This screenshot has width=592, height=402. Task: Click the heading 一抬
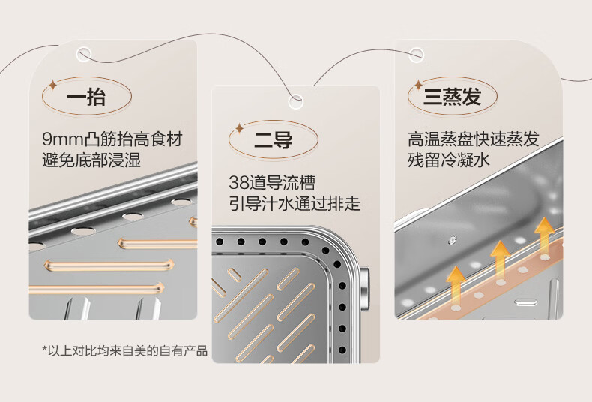point(86,97)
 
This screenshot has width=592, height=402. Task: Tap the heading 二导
point(274,139)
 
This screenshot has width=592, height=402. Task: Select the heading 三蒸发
point(453,97)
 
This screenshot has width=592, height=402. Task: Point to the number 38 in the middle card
point(239,182)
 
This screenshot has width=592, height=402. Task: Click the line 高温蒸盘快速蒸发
point(473,139)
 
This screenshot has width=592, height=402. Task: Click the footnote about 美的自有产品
point(124,351)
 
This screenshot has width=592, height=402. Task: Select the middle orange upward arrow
point(500,256)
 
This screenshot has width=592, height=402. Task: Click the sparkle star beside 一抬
point(52,84)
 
